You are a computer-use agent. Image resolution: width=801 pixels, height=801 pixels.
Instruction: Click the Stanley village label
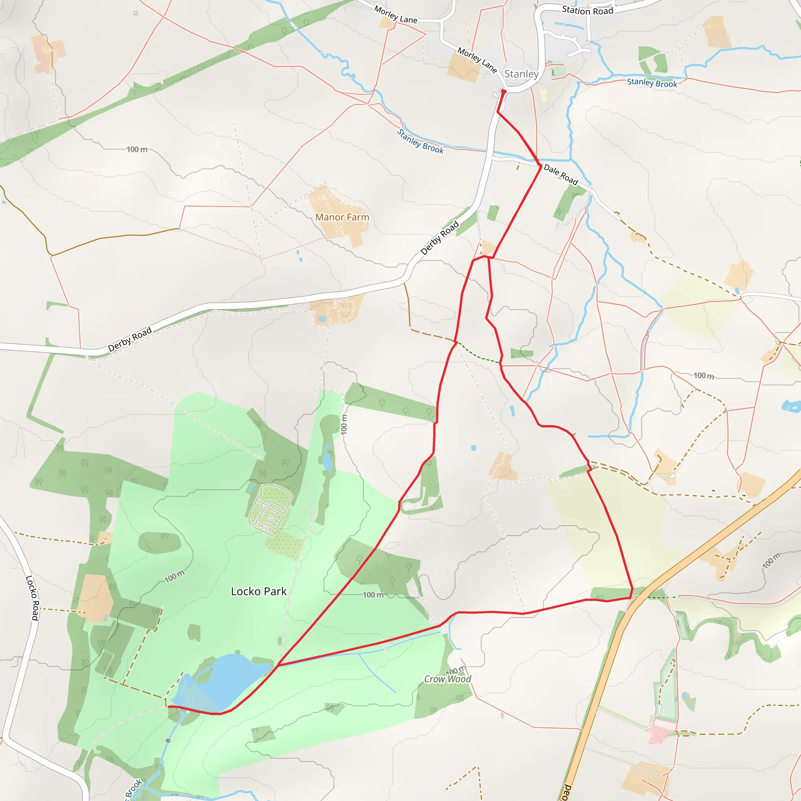pos(521,74)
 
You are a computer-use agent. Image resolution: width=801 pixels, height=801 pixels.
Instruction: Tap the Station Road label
pos(587,11)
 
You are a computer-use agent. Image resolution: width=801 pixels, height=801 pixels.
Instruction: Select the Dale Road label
pos(560,174)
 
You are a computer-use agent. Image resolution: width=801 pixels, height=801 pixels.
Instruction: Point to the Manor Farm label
pos(342,217)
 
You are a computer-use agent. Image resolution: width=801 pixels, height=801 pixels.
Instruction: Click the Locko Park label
pos(259,591)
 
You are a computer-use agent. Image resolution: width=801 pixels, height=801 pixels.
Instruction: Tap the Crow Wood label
pos(447,679)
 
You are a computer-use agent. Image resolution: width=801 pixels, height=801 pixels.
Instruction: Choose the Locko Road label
pos(32,598)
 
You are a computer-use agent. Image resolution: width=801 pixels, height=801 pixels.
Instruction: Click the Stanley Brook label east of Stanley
pos(652,83)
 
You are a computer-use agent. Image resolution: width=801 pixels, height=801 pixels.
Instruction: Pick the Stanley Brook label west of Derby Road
pos(420,141)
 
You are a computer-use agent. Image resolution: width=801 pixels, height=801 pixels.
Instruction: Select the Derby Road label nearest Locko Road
pos(130,339)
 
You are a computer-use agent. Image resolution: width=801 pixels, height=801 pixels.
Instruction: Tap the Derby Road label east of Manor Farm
pos(440,237)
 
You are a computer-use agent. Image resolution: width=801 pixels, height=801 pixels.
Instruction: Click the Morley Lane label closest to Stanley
pos(477,60)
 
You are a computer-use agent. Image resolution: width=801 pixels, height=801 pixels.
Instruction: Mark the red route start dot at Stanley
pos(504,91)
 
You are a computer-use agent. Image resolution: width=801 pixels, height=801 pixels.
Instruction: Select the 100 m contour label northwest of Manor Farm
pos(137,149)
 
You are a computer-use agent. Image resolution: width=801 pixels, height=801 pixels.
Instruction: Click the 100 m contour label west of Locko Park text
pos(174,576)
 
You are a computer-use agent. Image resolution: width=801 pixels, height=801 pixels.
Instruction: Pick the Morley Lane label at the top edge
pos(395,14)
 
